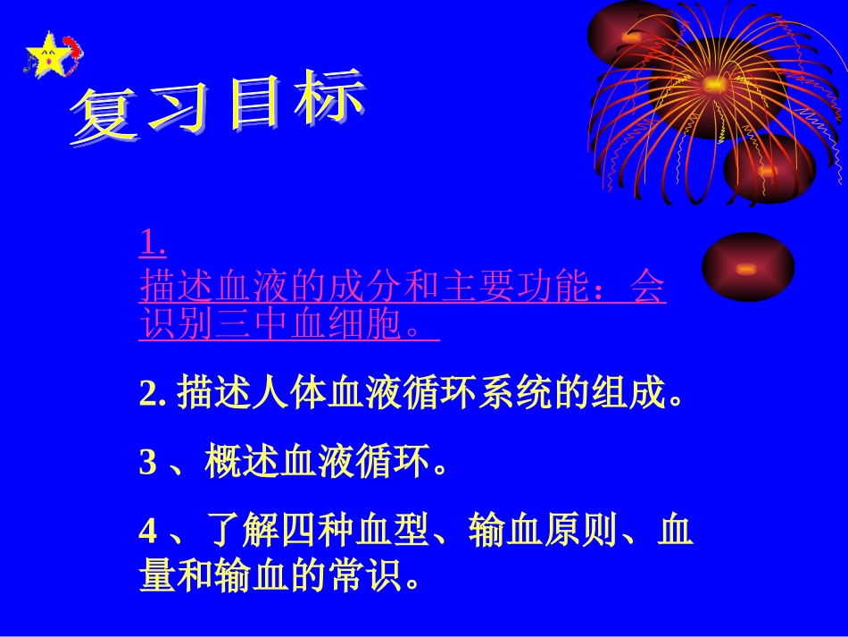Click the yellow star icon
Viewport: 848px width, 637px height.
point(49,54)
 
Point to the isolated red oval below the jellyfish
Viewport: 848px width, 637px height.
point(748,266)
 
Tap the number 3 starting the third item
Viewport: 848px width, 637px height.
point(147,463)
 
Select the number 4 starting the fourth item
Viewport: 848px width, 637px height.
point(147,532)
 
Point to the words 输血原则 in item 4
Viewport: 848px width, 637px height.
point(545,532)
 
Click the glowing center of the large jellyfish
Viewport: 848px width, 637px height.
point(713,86)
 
